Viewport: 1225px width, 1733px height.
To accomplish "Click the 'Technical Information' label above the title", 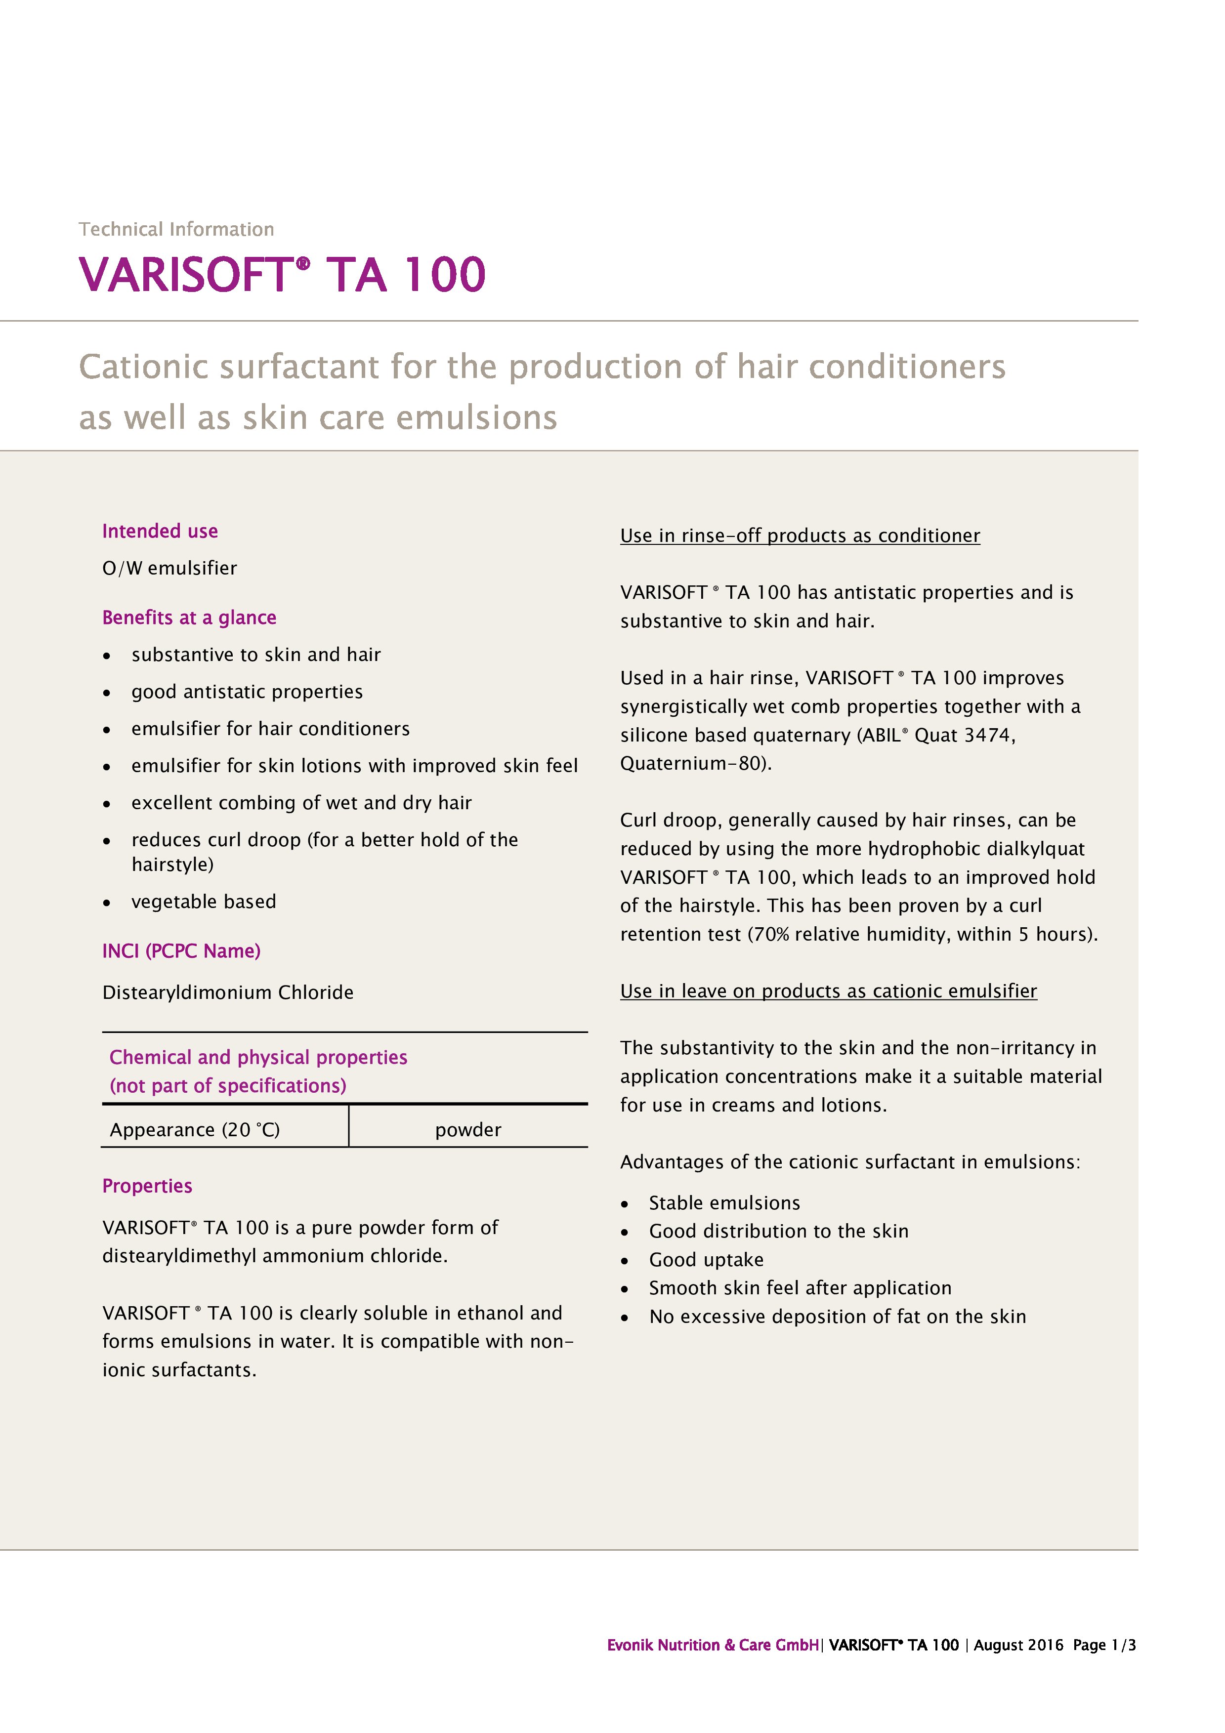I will pyautogui.click(x=176, y=229).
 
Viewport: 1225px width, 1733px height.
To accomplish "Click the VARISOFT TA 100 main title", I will pyautogui.click(x=282, y=274).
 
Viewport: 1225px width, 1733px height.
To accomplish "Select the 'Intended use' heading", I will pyautogui.click(x=160, y=532).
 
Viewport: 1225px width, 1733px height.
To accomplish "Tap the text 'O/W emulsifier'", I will pyautogui.click(x=170, y=568).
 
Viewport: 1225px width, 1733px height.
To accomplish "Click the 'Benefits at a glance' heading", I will pyautogui.click(x=189, y=618).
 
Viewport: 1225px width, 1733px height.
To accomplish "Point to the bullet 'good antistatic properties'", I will pyautogui.click(x=247, y=692).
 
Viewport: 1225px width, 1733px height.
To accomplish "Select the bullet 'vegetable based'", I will pyautogui.click(x=204, y=902).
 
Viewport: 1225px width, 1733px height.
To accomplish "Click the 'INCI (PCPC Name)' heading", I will pyautogui.click(x=181, y=951).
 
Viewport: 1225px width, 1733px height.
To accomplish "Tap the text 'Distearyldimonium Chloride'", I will pyautogui.click(x=228, y=992).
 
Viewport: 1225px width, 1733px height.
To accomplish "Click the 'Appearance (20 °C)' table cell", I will pyautogui.click(x=195, y=1130).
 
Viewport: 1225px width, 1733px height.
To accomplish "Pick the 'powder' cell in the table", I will pyautogui.click(x=468, y=1130).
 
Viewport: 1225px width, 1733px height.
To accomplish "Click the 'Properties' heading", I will pyautogui.click(x=147, y=1187).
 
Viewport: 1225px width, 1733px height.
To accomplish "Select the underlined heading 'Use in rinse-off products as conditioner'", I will pyautogui.click(x=800, y=536).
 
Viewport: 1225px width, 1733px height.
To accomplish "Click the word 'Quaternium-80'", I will pyautogui.click(x=694, y=764).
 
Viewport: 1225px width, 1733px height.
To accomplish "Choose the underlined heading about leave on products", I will pyautogui.click(x=828, y=991).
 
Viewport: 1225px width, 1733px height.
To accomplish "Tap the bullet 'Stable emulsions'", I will pyautogui.click(x=724, y=1203).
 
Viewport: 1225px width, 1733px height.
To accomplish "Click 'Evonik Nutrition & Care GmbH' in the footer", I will pyautogui.click(x=713, y=1646).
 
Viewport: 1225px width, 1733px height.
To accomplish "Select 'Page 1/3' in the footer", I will pyautogui.click(x=1104, y=1646).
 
